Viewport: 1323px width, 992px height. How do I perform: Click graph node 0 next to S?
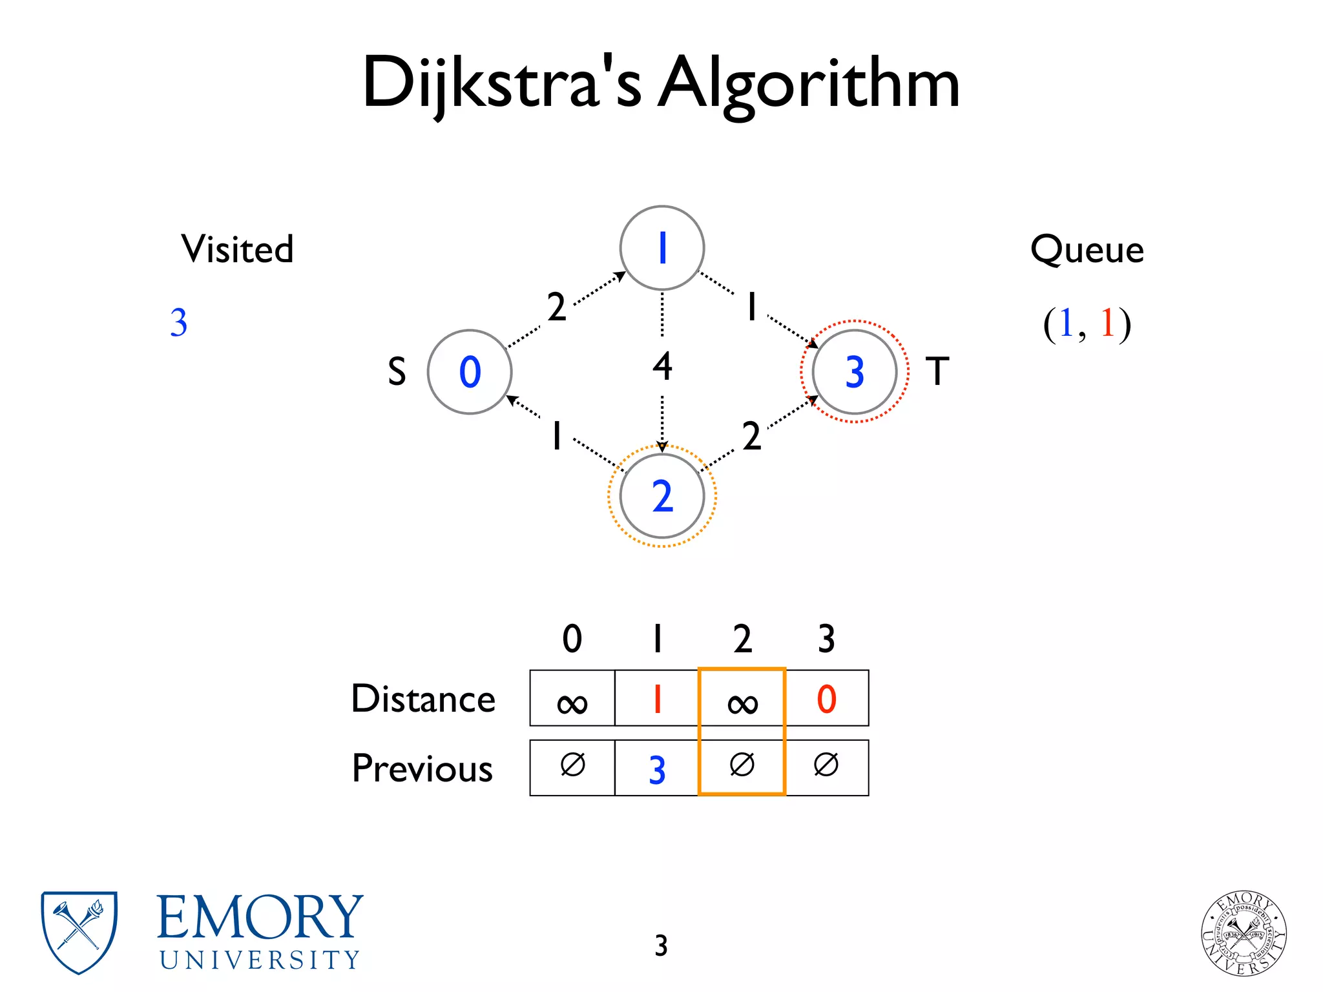tap(470, 372)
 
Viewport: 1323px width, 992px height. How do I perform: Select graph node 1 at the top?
tap(661, 248)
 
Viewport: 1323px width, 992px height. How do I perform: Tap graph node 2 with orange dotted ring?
tap(661, 496)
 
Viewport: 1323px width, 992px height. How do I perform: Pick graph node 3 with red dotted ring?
tap(854, 372)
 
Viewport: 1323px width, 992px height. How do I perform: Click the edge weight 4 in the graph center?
tap(662, 366)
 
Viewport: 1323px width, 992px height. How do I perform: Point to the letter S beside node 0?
tap(397, 372)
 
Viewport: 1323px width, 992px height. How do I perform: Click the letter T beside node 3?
tap(937, 371)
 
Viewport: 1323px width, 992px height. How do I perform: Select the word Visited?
tap(237, 249)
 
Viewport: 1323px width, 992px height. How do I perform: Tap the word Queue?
tap(1087, 249)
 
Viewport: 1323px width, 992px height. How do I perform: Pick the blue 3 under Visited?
tap(179, 322)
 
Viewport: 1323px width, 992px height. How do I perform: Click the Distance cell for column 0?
tap(572, 699)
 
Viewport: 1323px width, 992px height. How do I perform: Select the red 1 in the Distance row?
tap(657, 699)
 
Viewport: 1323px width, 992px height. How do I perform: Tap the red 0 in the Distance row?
tap(826, 699)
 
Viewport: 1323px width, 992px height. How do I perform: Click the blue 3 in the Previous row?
tap(657, 769)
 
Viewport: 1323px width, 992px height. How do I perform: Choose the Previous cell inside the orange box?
tap(742, 766)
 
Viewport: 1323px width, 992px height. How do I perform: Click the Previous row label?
tap(422, 769)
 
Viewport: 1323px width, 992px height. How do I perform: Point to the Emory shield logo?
tap(79, 932)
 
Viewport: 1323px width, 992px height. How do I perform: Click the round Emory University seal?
tap(1244, 933)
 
